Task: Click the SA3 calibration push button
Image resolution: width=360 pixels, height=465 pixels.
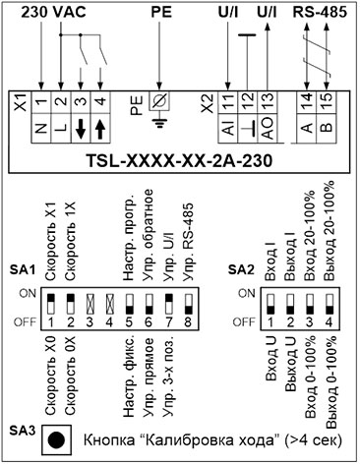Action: pyautogui.click(x=56, y=440)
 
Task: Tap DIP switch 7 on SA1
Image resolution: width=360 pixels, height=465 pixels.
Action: pyautogui.click(x=168, y=304)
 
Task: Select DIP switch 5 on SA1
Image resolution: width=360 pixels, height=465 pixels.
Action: pyautogui.click(x=129, y=304)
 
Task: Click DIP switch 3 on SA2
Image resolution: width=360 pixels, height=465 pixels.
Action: pyautogui.click(x=310, y=304)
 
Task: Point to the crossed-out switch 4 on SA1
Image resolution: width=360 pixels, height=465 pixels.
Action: pyautogui.click(x=109, y=304)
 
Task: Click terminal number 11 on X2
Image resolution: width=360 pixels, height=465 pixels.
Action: pyautogui.click(x=228, y=102)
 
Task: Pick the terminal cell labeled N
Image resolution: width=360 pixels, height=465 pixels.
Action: pyautogui.click(x=41, y=128)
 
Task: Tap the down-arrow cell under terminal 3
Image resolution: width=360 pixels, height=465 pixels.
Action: pyautogui.click(x=81, y=128)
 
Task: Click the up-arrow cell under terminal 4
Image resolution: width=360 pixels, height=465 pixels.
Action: pyautogui.click(x=100, y=128)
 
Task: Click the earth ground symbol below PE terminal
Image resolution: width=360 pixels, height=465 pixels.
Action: pyautogui.click(x=159, y=119)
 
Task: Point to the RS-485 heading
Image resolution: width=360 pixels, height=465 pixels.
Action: pyautogui.click(x=320, y=13)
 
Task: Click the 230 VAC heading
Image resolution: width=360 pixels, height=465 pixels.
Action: pyautogui.click(x=54, y=13)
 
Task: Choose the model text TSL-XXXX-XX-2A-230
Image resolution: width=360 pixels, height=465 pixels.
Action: pyautogui.click(x=179, y=161)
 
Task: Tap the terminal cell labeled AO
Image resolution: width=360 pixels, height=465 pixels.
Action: pyautogui.click(x=268, y=128)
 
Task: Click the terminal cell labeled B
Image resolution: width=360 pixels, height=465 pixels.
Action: pyautogui.click(x=326, y=128)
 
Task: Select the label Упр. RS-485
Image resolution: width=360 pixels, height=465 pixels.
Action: pyautogui.click(x=188, y=242)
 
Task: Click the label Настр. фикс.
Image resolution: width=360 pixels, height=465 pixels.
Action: pyautogui.click(x=129, y=377)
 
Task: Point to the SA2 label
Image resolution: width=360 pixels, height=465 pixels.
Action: pyautogui.click(x=241, y=269)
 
